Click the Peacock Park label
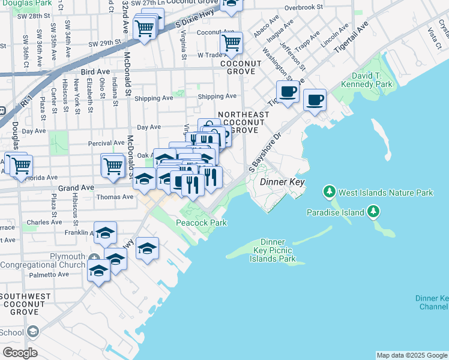click(202, 223)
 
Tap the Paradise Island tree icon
click(374, 212)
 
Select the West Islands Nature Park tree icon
click(329, 193)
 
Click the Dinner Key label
click(282, 182)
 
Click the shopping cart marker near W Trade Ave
click(231, 43)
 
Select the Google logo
click(20, 352)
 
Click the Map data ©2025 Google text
click(411, 355)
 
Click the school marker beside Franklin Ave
click(105, 233)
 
